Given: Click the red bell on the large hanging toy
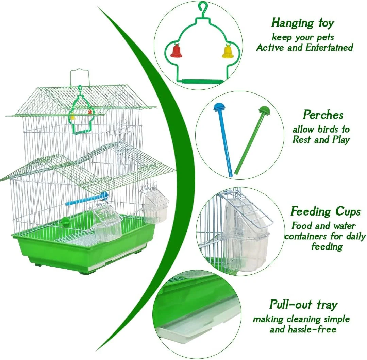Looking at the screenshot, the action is point(176,51).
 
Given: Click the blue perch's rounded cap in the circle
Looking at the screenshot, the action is point(219,107).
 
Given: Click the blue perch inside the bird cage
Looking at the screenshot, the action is point(86,199).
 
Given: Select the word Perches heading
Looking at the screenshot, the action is point(323,115).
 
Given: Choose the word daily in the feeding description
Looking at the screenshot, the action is point(354,237).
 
